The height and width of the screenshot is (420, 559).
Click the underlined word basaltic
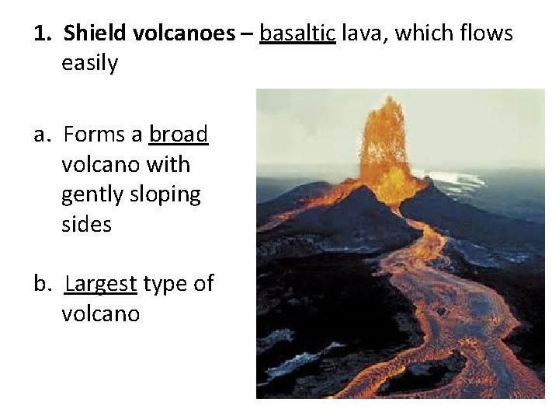coord(297,34)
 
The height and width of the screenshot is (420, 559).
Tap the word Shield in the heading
coord(89,34)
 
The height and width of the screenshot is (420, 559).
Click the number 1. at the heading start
coord(43,34)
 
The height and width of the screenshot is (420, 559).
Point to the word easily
coord(89,65)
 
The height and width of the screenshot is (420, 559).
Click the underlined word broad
coord(179,135)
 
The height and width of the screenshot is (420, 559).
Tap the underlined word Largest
coord(101,285)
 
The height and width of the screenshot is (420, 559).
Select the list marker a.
coord(43,135)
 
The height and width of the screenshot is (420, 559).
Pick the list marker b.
coord(43,285)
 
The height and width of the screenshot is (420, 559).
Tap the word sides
coord(86,226)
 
